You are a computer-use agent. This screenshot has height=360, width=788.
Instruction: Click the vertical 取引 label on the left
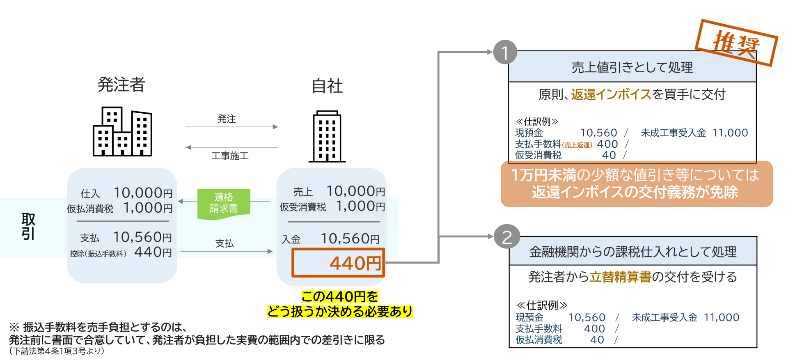pos(28,226)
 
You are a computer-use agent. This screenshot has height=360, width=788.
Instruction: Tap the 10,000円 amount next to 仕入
pos(143,193)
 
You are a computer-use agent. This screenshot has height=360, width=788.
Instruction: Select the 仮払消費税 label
pos(90,209)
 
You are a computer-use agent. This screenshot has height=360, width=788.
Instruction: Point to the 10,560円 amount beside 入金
pos(350,239)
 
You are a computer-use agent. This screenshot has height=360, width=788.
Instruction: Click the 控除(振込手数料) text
pos(98,254)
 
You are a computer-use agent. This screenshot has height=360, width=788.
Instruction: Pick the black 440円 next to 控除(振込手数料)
pos(153,252)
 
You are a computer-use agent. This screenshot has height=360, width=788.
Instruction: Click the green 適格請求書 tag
pos(224,203)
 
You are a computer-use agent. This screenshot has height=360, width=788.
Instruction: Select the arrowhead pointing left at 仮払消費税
pos(180,201)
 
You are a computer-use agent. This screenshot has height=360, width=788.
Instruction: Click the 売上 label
pos(303,192)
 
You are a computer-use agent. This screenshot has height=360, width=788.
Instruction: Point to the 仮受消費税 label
pos(303,207)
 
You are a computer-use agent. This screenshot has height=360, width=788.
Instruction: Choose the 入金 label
pos(291,239)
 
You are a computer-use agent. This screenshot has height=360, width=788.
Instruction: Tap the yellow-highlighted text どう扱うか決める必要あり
pos(340,312)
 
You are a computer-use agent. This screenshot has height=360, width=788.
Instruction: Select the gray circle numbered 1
pos(505,53)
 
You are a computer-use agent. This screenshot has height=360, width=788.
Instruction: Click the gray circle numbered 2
pos(507,238)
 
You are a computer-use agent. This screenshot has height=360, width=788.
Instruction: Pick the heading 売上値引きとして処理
pos(632,67)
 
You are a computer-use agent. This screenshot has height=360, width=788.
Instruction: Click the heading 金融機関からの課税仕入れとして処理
pos(632,252)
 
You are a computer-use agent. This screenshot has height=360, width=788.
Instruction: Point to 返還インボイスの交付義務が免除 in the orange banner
pos(635,193)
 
